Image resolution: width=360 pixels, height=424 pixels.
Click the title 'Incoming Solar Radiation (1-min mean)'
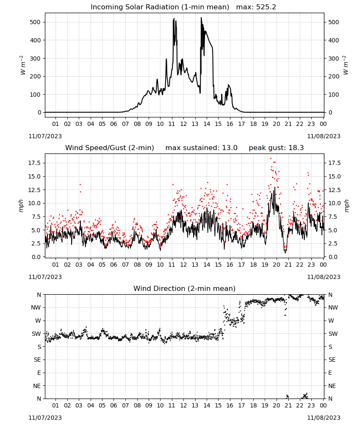tap(160, 7)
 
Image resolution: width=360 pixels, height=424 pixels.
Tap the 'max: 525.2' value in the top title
tap(256, 7)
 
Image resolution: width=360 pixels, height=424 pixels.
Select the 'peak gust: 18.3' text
tap(276, 148)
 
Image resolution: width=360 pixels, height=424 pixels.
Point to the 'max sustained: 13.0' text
tap(201, 148)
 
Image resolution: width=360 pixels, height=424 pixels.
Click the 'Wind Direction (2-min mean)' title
tap(185, 288)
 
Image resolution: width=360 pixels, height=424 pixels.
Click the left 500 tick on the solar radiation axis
tap(35, 22)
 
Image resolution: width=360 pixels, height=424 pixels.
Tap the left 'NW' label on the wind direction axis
tap(36, 307)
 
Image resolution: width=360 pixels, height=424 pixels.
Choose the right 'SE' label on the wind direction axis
tap(332, 360)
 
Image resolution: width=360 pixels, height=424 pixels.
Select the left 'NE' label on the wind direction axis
tap(37, 386)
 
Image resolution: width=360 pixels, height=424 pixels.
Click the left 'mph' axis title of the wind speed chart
tap(21, 206)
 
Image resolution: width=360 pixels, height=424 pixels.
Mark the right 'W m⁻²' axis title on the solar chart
tap(346, 65)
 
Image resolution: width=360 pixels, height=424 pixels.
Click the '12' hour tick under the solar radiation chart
tap(183, 124)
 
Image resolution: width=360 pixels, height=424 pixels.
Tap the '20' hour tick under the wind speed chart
tap(276, 265)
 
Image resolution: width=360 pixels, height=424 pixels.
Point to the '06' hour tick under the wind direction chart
tap(114, 405)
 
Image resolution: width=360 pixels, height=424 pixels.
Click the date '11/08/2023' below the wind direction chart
tap(324, 418)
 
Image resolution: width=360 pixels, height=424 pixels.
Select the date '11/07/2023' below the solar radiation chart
tap(45, 136)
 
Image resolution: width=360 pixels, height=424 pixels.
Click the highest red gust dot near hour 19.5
tap(271, 159)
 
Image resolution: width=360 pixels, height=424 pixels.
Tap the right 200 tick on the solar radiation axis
tap(334, 76)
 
